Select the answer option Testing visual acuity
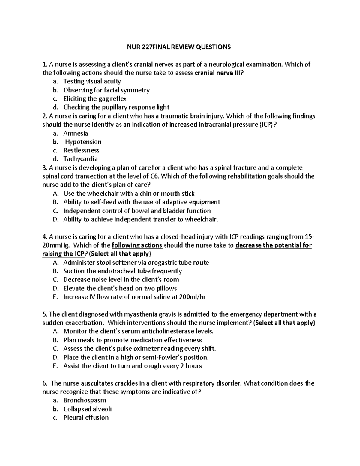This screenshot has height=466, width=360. pyautogui.click(x=92, y=81)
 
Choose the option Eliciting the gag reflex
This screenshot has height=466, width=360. pyautogui.click(x=95, y=99)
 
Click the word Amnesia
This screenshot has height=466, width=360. pyautogui.click(x=76, y=133)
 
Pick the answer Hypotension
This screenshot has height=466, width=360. pyautogui.click(x=83, y=142)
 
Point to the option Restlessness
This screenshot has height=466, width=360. pyautogui.click(x=81, y=150)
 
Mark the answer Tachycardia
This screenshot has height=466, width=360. pyautogui.click(x=80, y=159)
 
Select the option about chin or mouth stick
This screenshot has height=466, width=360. pyautogui.click(x=129, y=194)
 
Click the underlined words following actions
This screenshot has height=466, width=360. pyautogui.click(x=137, y=245)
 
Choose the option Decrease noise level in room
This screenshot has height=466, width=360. pyautogui.click(x=121, y=280)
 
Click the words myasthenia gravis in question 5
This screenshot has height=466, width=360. pyautogui.click(x=143, y=314)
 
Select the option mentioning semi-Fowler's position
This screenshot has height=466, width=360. pyautogui.click(x=136, y=357)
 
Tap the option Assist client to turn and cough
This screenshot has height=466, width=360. pyautogui.click(x=132, y=366)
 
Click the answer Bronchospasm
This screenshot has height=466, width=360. pyautogui.click(x=85, y=400)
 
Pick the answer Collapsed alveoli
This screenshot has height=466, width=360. pyautogui.click(x=87, y=409)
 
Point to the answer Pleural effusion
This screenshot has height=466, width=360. pyautogui.click(x=86, y=418)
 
